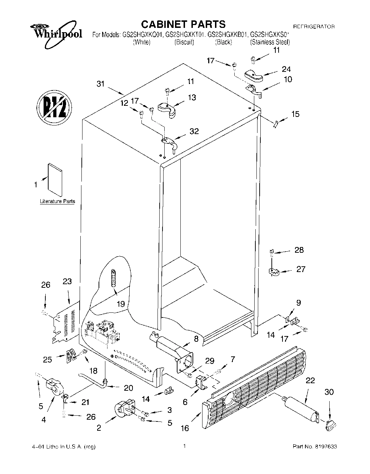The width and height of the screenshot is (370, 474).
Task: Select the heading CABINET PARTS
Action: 183,24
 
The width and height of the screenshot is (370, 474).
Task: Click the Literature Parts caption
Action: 57,201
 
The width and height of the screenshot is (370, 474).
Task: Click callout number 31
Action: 101,84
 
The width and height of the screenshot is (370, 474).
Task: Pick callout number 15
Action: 295,114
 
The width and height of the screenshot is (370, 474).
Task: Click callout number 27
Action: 301,269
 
